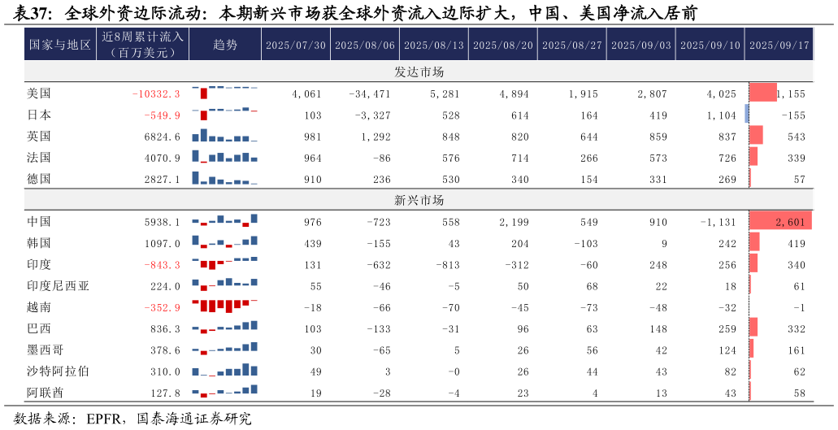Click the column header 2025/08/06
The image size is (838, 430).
[365, 46]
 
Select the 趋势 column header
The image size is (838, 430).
[225, 46]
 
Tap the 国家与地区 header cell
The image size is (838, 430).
[60, 46]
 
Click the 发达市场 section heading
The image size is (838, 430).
[419, 72]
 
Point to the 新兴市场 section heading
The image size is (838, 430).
[419, 200]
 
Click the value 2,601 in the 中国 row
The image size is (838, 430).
[790, 222]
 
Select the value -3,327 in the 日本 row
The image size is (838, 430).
[373, 115]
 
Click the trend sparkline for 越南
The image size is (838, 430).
[225, 306]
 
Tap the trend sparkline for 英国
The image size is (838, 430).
[225, 135]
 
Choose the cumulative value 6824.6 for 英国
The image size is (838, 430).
[162, 137]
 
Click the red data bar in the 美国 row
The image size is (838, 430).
[762, 93]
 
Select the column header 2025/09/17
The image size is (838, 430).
[779, 46]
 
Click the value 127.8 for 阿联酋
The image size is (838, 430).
[166, 393]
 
